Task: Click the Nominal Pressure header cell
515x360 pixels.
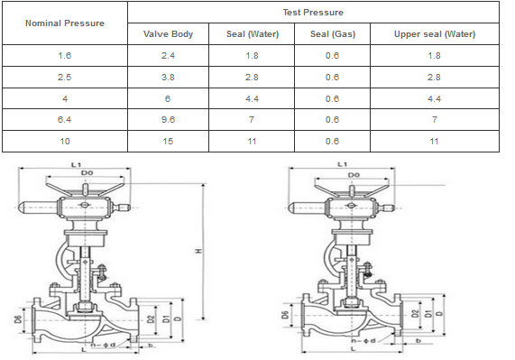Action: [65, 23]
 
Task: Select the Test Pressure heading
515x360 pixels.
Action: [313, 12]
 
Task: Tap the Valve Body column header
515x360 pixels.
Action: [168, 33]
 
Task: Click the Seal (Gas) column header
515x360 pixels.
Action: [333, 33]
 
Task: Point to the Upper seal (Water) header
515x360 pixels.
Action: [435, 33]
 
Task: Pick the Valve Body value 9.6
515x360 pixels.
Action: [168, 120]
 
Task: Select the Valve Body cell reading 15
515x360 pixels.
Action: [168, 142]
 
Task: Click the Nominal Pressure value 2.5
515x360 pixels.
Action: [64, 78]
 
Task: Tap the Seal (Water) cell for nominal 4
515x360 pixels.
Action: [252, 98]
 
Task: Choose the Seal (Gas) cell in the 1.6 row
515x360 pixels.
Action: [332, 56]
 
